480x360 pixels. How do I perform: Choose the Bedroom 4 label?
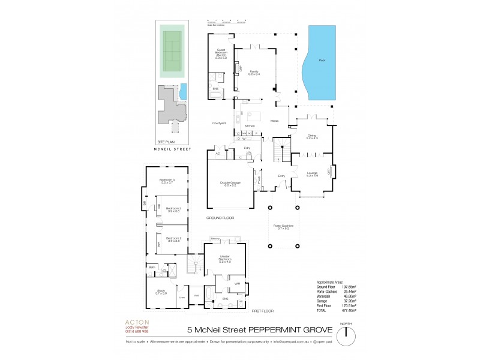click(x=166, y=180)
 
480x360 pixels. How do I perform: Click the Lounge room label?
click(x=311, y=173)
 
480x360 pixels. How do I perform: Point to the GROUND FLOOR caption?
click(x=220, y=218)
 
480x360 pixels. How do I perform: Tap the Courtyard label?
click(x=218, y=124)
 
